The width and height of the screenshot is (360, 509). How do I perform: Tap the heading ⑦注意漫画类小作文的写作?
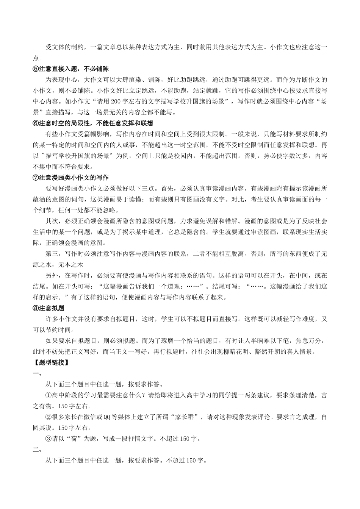[71, 178]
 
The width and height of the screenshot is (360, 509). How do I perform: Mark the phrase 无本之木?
[70, 265]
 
